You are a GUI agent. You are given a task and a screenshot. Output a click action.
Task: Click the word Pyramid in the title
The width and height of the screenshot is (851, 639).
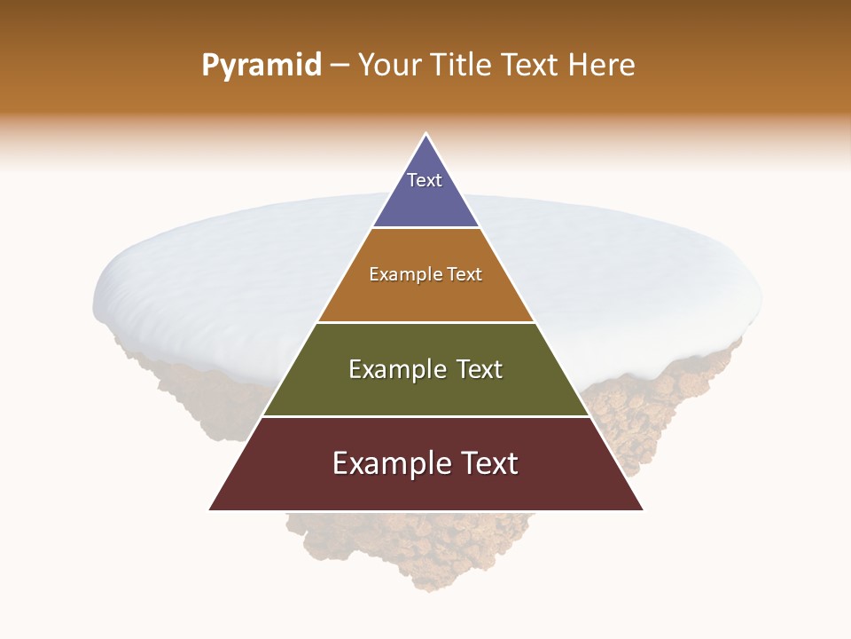coord(261,66)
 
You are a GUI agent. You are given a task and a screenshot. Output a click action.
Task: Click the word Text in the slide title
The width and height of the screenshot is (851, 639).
coord(530,65)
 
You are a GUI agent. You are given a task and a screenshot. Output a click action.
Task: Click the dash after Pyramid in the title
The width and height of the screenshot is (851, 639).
coord(339,66)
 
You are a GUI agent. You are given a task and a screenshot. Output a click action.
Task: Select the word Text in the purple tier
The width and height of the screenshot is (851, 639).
coord(425,180)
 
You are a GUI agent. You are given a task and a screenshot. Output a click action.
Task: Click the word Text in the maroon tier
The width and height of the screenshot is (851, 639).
coord(488,463)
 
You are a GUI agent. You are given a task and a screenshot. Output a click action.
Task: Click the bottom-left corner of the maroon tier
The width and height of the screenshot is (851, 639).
coord(210,509)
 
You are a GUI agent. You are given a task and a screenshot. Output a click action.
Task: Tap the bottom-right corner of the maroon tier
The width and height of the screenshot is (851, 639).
coord(643,509)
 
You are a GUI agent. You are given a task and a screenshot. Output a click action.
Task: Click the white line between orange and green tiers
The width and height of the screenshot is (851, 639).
coord(425,322)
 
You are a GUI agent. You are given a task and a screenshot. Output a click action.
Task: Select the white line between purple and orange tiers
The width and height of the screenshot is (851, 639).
coord(425,228)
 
